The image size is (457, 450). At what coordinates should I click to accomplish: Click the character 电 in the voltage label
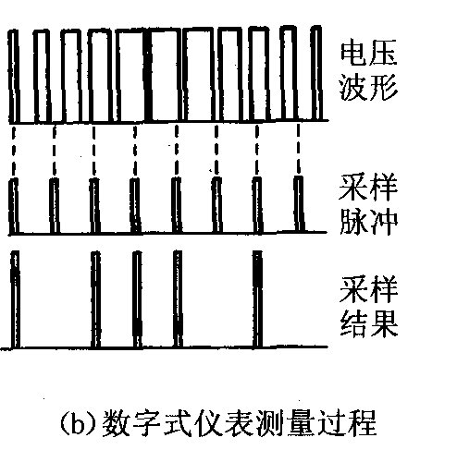(352, 54)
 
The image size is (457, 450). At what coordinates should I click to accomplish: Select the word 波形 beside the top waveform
(368, 87)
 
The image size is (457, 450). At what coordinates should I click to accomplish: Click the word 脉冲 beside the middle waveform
(368, 221)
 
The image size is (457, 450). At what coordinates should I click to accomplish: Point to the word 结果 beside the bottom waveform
(368, 323)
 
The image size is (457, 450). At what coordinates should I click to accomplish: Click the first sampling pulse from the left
(14, 206)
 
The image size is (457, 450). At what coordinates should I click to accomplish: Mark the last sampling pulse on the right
(299, 203)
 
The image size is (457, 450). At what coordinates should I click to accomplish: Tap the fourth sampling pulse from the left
(135, 205)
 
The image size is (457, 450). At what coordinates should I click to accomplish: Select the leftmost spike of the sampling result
(15, 300)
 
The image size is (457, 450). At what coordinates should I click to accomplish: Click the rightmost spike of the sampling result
(257, 299)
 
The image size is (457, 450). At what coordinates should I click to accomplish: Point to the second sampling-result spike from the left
(96, 300)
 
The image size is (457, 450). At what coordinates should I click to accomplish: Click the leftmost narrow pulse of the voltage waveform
(14, 77)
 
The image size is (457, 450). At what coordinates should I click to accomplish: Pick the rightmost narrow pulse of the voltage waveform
(316, 73)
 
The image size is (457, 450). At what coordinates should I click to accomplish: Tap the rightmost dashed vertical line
(298, 149)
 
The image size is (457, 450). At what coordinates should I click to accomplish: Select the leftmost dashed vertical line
(13, 151)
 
